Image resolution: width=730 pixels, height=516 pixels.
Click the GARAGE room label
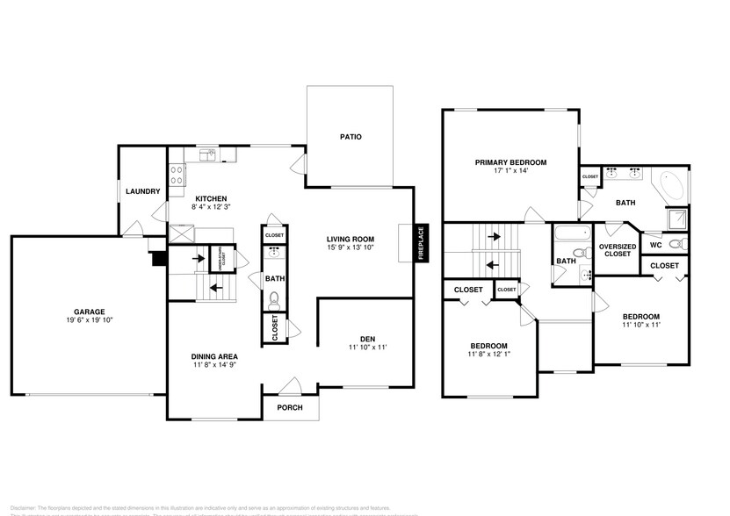(89, 312)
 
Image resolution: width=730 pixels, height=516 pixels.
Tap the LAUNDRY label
(142, 191)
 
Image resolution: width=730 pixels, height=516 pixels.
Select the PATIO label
(351, 137)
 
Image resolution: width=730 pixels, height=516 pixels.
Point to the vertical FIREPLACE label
(421, 242)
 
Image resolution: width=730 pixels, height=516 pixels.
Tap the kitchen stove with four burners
(176, 172)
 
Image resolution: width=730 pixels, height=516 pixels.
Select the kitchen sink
(207, 156)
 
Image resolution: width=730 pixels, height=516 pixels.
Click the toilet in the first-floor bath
(274, 298)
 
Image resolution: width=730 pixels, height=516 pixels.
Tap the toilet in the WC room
(676, 244)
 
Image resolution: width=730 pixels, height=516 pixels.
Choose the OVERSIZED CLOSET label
(617, 250)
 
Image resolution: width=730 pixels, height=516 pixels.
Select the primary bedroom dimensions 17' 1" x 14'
(510, 171)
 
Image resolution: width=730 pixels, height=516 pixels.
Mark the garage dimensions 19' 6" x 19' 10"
(89, 321)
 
